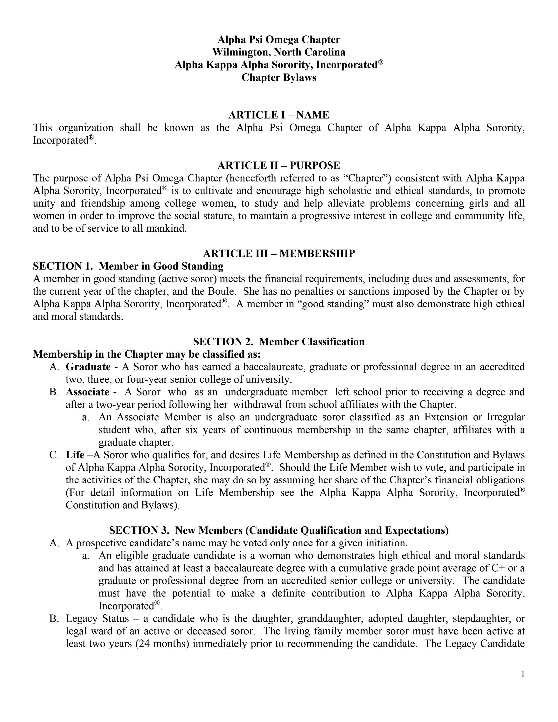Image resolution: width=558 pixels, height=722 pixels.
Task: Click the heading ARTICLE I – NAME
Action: [279, 115]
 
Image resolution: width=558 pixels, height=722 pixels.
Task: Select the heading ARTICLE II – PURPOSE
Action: [279, 165]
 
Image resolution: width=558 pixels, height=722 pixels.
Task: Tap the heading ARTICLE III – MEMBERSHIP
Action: [279, 254]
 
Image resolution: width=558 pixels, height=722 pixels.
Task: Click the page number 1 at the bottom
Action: [523, 674]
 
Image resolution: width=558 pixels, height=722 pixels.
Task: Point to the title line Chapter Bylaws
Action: [279, 77]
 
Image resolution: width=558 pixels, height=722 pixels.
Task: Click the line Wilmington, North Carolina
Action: [279, 52]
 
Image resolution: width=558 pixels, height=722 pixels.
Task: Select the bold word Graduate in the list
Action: [88, 367]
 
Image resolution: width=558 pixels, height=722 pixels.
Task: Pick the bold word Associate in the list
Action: [87, 392]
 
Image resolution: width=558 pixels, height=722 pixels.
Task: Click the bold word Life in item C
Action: [75, 455]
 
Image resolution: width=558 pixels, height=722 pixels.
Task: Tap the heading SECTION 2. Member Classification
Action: [279, 341]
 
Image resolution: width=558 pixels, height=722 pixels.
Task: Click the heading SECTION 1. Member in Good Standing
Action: [128, 266]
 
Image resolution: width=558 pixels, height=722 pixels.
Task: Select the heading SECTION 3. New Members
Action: [279, 531]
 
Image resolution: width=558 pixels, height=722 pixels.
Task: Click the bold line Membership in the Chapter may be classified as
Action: [147, 354]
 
